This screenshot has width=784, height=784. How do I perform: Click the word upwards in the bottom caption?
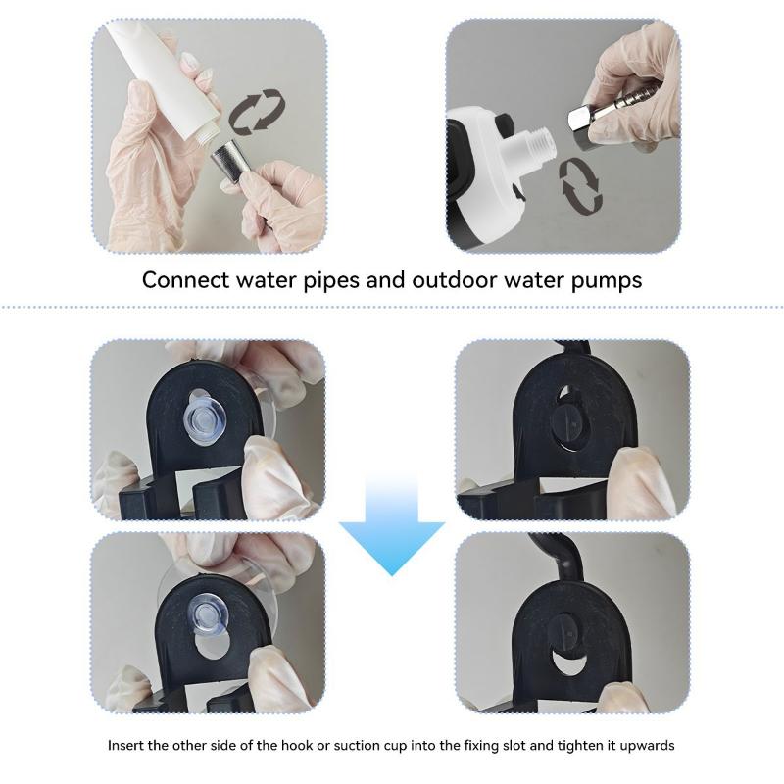647,746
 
